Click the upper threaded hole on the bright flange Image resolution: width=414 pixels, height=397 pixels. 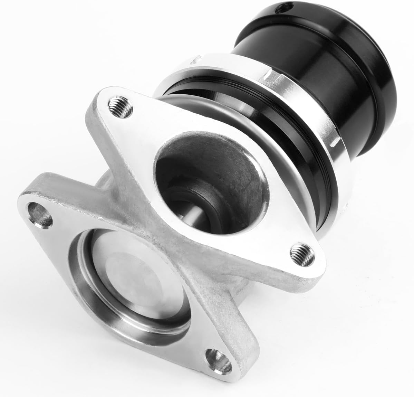pos(118,105)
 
